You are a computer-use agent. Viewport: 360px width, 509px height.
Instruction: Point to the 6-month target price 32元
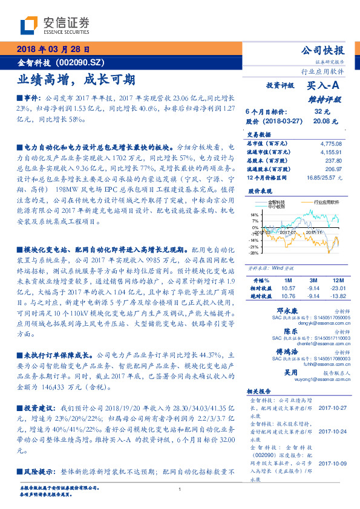coord(322,112)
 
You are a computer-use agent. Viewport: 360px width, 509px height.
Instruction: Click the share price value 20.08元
coord(325,120)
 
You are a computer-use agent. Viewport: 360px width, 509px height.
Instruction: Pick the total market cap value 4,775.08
coord(330,144)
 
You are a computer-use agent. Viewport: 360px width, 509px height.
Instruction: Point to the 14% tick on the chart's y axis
coord(254,215)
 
